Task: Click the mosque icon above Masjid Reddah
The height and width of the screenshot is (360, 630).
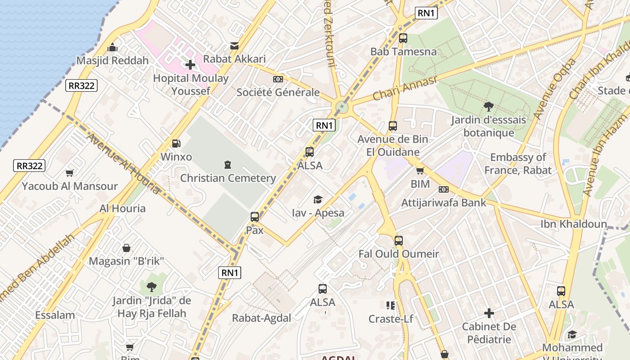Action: tap(112, 47)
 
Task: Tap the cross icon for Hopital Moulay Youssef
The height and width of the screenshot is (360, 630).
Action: tap(190, 65)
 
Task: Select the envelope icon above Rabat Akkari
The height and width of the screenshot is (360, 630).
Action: tap(234, 45)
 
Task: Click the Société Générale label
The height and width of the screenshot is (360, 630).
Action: tap(278, 92)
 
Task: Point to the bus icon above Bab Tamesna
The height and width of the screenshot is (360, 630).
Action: tap(403, 38)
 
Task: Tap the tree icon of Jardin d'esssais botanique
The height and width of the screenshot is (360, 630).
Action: tap(488, 107)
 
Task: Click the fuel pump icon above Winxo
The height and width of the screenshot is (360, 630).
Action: tap(176, 144)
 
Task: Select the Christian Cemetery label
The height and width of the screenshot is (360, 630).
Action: tap(228, 178)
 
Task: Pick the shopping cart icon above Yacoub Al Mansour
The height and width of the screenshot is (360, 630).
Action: tap(70, 173)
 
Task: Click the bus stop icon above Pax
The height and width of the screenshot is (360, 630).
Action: tap(255, 217)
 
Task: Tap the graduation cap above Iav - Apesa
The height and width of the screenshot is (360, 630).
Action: tap(318, 199)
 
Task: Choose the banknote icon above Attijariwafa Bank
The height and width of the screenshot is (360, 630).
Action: tap(444, 189)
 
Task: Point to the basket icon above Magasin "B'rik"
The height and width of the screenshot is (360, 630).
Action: tap(126, 248)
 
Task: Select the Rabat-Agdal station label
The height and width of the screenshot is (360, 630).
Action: tap(261, 318)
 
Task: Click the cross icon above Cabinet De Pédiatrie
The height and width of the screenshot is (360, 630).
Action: tap(489, 313)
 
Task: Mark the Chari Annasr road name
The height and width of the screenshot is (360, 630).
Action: tap(405, 88)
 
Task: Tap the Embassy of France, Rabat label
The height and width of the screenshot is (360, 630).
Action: tap(518, 163)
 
